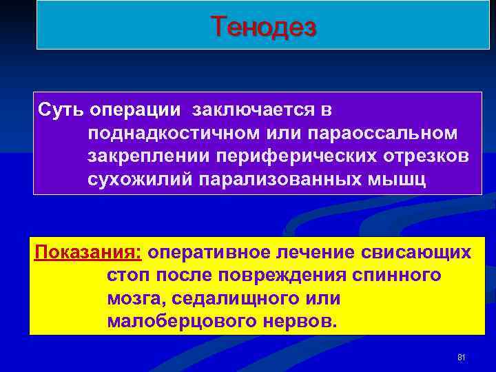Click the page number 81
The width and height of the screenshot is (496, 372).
(462, 358)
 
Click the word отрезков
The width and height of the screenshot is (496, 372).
(425, 155)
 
